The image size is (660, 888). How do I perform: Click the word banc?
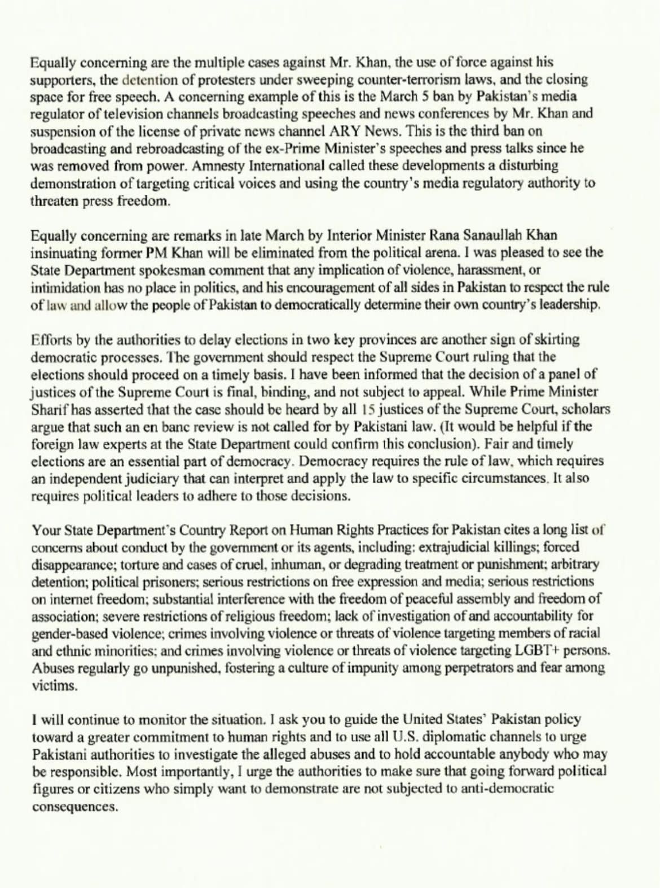coord(188,426)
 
